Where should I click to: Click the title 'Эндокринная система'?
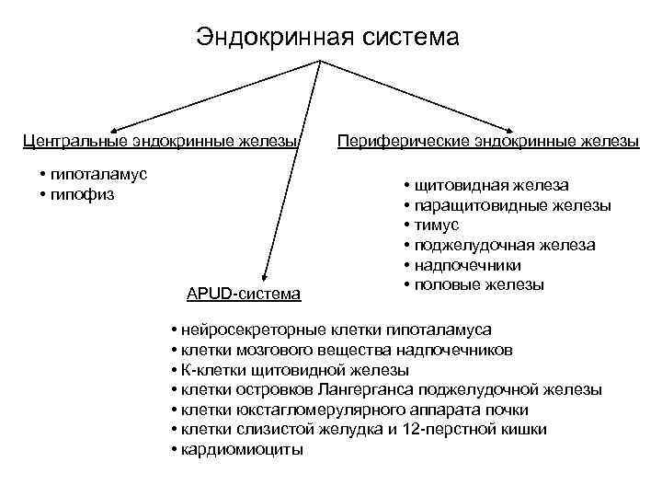click(326, 38)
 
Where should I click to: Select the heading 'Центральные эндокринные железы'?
click(162, 141)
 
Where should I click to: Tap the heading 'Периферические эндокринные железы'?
click(488, 141)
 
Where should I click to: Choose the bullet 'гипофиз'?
click(84, 194)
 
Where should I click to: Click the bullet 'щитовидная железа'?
click(491, 185)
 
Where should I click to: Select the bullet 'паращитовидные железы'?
click(512, 205)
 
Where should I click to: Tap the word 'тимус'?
click(437, 225)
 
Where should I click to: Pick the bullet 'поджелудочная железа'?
click(504, 245)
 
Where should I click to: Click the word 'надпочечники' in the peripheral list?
click(468, 265)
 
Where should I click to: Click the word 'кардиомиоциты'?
click(243, 450)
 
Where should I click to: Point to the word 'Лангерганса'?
click(419, 389)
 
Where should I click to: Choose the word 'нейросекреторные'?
click(242, 329)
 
